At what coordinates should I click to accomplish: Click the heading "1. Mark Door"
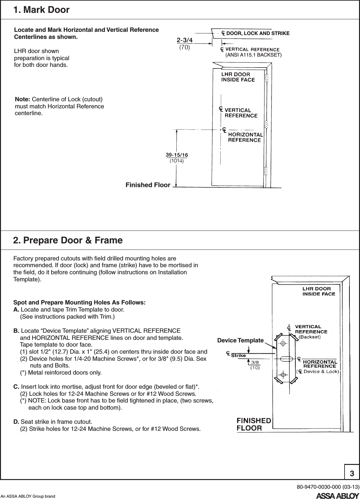pos(41,10)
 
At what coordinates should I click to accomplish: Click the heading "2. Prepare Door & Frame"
pos(68,240)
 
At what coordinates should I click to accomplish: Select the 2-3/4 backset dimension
pos(184,40)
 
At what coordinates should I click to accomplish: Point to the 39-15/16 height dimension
pos(177,155)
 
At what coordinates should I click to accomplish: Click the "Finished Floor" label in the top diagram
pos(148,185)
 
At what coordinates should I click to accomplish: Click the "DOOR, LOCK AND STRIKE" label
pos(258,33)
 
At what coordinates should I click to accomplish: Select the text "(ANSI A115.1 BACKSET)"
pos(253,55)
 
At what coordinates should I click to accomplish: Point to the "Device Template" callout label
pos(240,340)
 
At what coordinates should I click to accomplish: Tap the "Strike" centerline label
pos(238,355)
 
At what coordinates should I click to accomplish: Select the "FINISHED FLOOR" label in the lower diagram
pos(254,424)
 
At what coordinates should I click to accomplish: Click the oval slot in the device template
pos(283,359)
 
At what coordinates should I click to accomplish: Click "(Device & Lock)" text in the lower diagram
pos(318,372)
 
